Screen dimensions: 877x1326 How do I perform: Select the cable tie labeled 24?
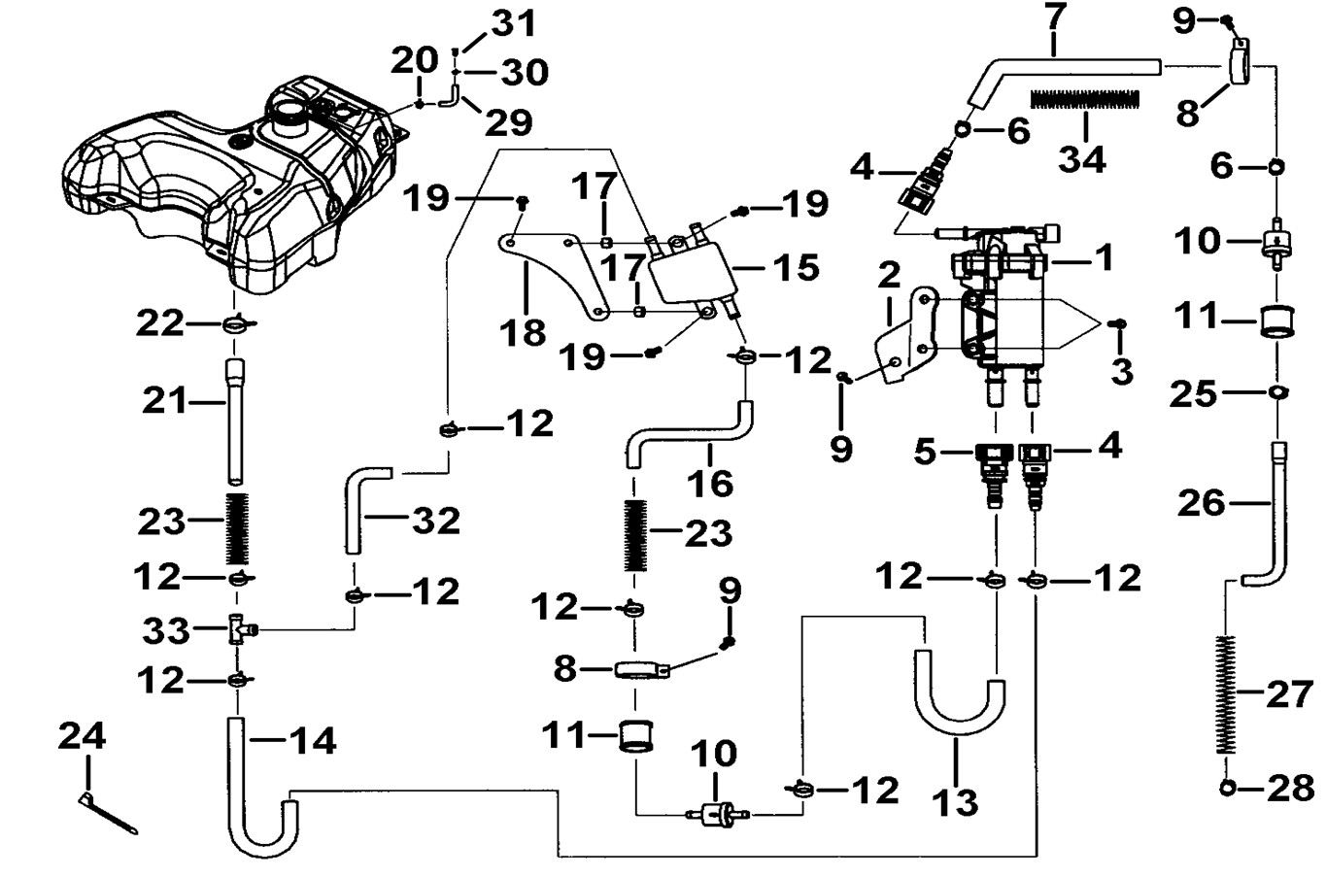coord(108,814)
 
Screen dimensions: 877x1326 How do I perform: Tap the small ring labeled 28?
coord(1228,788)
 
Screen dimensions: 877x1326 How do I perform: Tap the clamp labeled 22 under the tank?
coord(236,323)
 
